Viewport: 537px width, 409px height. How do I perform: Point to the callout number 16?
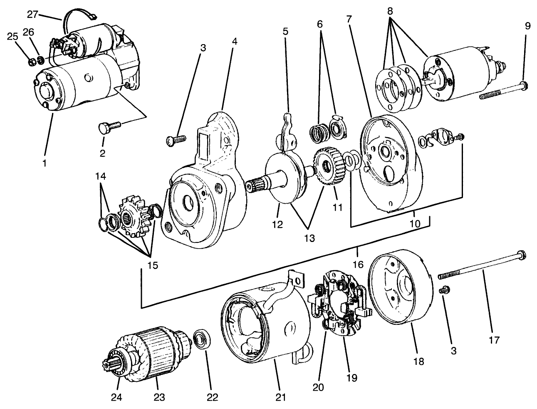358,264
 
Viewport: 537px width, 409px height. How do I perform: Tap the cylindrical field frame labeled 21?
266,325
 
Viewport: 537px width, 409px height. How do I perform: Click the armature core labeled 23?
154,354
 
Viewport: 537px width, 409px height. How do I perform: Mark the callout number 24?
116,397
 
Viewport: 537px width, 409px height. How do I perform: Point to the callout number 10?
414,223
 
